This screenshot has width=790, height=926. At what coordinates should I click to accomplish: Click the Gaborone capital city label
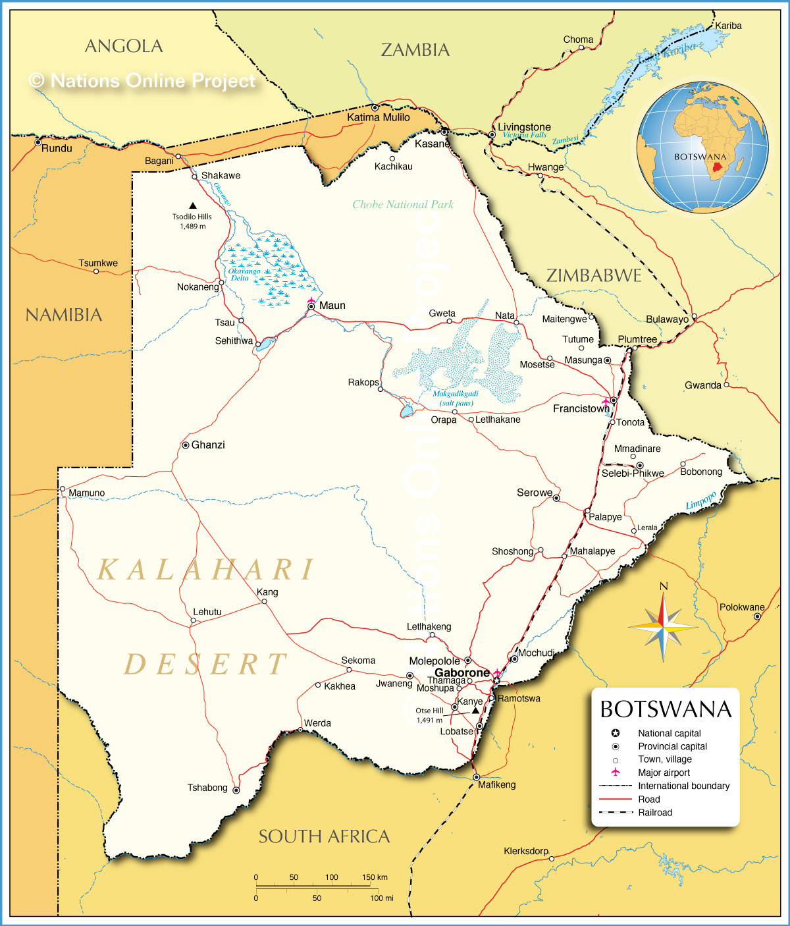tap(462, 672)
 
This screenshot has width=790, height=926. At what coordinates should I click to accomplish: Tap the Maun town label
tap(332, 306)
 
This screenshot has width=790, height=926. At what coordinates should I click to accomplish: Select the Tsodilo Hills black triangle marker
tap(193, 205)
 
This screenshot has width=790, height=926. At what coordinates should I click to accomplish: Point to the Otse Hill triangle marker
tap(475, 711)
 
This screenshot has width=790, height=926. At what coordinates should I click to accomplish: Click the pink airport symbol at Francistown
tap(606, 400)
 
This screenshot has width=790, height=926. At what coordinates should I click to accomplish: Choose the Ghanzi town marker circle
tap(186, 445)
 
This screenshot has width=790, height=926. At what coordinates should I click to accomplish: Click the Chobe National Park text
tap(403, 204)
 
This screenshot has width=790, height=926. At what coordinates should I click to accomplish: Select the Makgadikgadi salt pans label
tap(456, 398)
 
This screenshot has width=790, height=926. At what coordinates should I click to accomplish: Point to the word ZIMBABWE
tap(594, 275)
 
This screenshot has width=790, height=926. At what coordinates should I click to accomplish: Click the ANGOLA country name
tap(124, 46)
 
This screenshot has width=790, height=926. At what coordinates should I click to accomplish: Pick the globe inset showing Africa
tap(702, 147)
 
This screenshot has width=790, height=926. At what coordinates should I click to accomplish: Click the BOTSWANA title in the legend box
tap(666, 709)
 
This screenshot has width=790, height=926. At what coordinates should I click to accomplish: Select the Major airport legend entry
tap(664, 773)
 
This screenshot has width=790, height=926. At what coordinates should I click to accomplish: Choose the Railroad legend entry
tap(655, 812)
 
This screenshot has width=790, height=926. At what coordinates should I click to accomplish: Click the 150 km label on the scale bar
tap(375, 877)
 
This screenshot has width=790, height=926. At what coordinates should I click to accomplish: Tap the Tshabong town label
tap(207, 788)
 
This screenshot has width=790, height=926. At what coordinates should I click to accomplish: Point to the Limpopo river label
tap(700, 501)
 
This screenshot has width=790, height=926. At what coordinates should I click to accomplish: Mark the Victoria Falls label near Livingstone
tap(525, 135)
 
